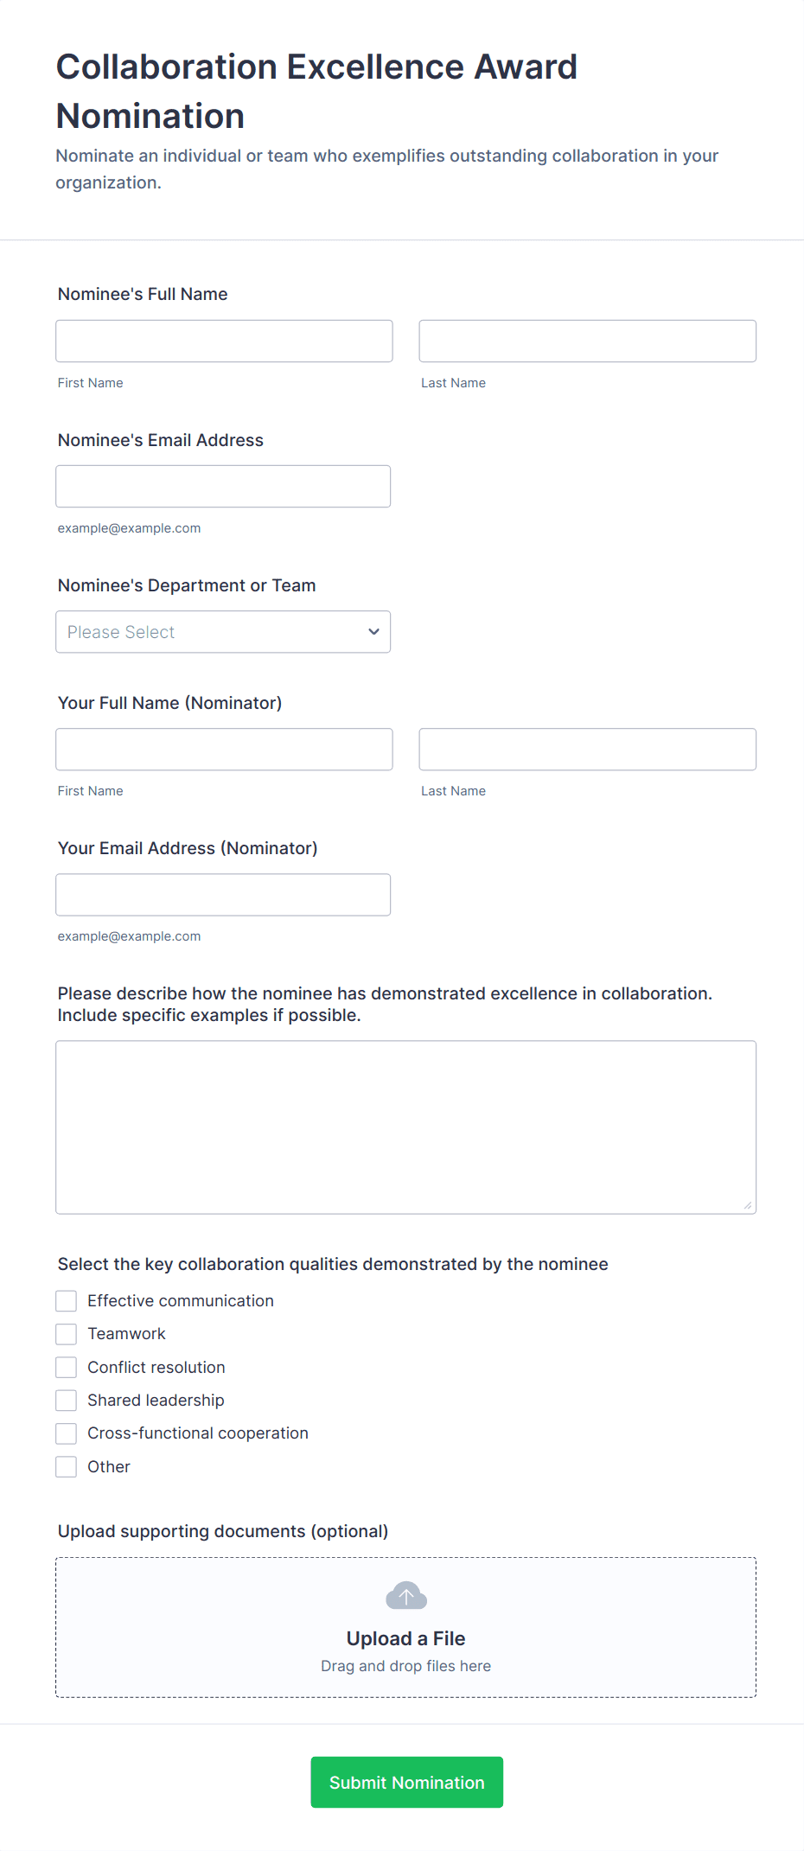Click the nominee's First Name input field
tap(224, 341)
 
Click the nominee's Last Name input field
tap(587, 341)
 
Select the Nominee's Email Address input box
tap(223, 486)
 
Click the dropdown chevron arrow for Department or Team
tap(373, 632)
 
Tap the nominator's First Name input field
tap(224, 749)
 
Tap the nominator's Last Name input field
tap(587, 749)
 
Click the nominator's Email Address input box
tap(223, 894)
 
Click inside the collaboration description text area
tap(405, 1127)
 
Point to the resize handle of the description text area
tap(748, 1205)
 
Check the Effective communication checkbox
tap(67, 1301)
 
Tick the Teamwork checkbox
tap(67, 1334)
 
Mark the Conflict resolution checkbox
tap(67, 1367)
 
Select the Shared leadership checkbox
tap(67, 1401)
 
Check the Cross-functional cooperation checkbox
tap(67, 1433)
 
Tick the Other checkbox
tap(67, 1466)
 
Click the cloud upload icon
tap(406, 1596)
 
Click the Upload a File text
tap(405, 1638)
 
